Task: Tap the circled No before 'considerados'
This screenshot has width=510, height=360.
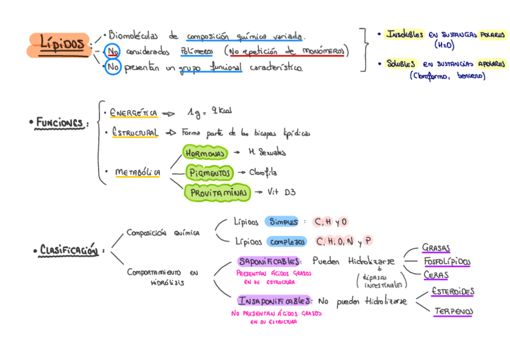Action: [112, 52]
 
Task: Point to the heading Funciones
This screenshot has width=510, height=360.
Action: [58, 123]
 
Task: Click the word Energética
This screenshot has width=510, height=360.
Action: [134, 112]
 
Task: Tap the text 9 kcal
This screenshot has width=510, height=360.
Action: [220, 111]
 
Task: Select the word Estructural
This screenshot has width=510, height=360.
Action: [135, 132]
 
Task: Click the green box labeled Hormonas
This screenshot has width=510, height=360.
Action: [205, 153]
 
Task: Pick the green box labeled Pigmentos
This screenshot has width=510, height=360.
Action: [209, 173]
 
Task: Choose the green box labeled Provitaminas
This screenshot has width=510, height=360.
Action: [218, 193]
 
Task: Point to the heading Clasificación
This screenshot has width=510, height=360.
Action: [69, 250]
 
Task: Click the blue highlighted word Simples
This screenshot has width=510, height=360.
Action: [283, 222]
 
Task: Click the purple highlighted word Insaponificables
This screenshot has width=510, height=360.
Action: [274, 301]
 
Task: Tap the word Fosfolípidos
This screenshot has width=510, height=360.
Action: [446, 261]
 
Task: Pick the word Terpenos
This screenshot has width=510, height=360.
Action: [453, 311]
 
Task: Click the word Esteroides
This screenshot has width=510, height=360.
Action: [452, 291]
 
